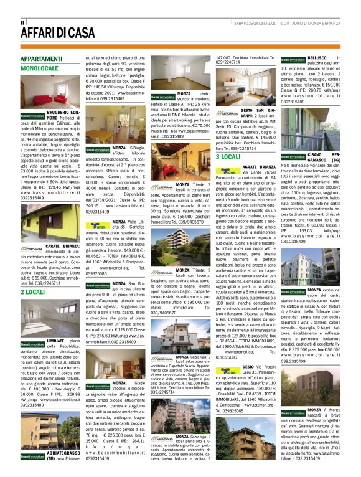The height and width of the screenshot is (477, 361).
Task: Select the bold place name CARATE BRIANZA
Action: [x=61, y=247]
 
